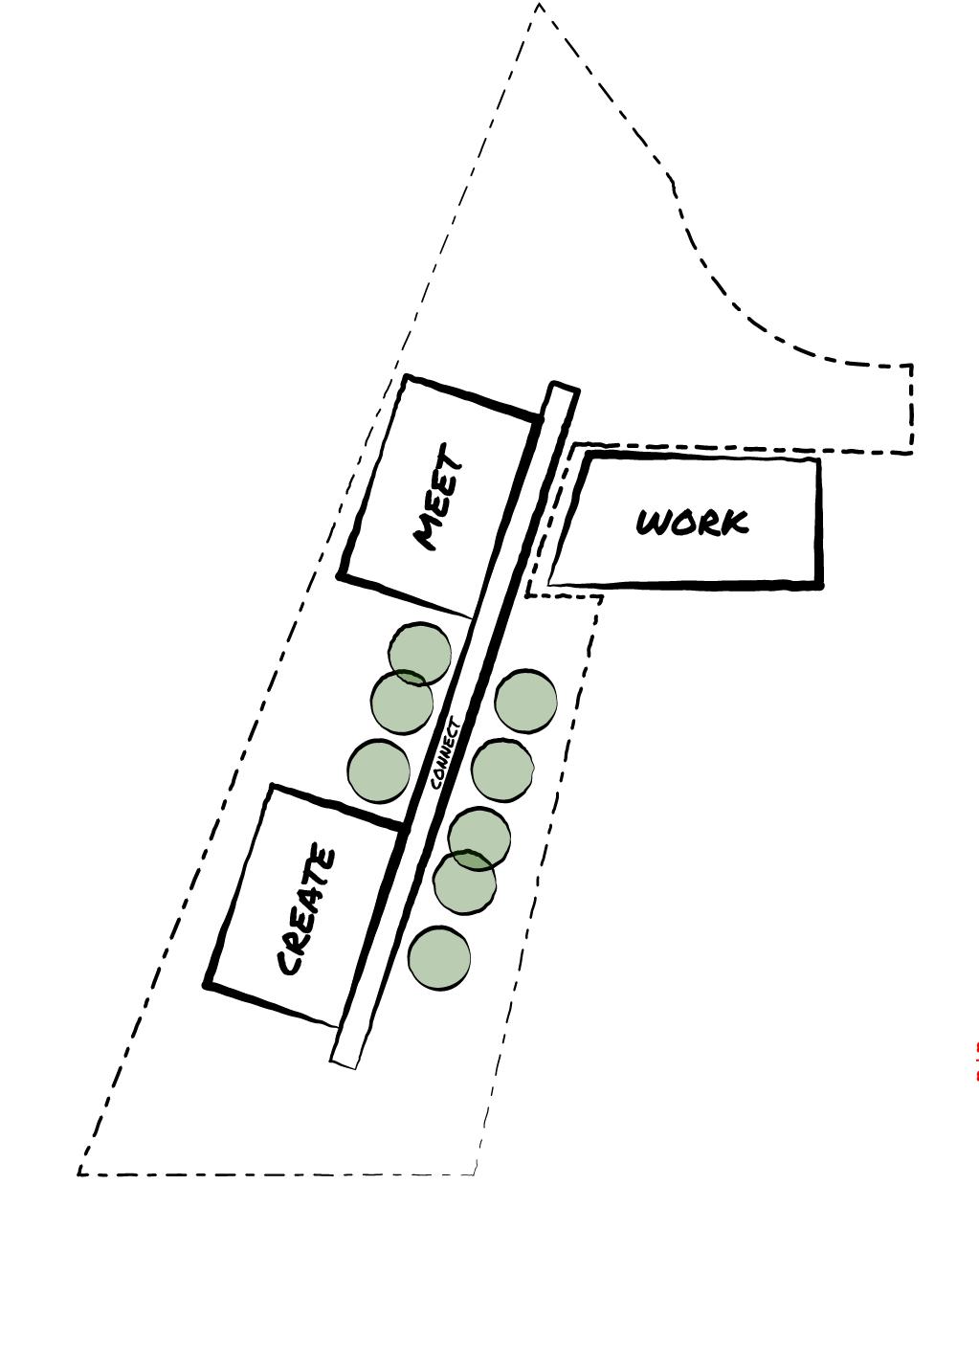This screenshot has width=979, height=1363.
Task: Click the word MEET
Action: coord(438,496)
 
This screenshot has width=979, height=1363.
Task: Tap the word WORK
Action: coord(692,523)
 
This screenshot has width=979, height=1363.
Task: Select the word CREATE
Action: coord(306,910)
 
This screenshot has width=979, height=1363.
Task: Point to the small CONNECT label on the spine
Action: coord(446,754)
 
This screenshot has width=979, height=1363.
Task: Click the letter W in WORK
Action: coord(656,523)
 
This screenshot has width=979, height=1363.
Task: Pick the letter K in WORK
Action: coord(734,523)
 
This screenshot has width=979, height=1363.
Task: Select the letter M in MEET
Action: coord(427,534)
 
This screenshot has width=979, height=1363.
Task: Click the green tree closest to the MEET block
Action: coord(420,654)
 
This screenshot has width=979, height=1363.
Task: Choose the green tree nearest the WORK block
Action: coord(525,701)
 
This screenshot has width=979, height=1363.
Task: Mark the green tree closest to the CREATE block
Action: coord(379,771)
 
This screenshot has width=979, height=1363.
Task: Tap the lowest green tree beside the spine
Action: coord(439,958)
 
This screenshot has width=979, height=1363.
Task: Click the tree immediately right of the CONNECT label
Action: coord(501,770)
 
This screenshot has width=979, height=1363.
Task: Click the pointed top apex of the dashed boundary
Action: coord(540,5)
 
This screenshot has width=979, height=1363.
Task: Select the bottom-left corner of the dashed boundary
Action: coord(78,1173)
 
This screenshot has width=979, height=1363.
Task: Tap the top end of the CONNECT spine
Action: coord(565,387)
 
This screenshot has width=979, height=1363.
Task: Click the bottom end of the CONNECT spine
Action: coord(344,1062)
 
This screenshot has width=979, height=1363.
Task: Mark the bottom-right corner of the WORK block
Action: coord(819,584)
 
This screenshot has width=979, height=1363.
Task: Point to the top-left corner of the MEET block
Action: coord(407,377)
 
